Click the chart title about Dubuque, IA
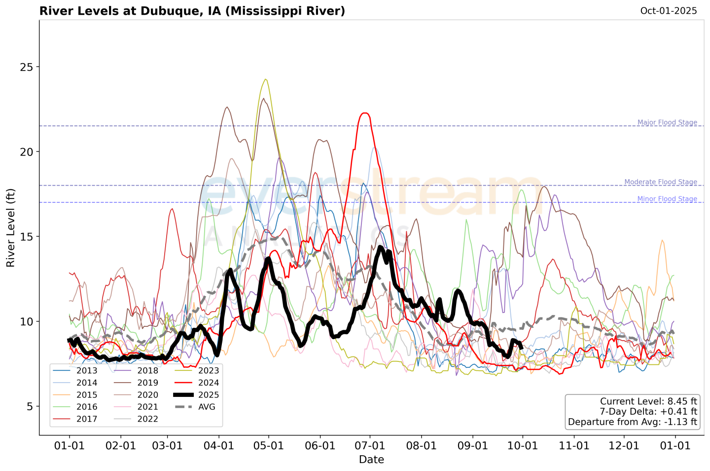(192, 11)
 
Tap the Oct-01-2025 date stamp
(668, 11)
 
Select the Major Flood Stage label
(667, 122)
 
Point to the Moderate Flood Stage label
(661, 182)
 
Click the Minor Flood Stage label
(667, 199)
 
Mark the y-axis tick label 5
(30, 406)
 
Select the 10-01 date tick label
(523, 446)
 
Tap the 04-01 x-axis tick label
(219, 446)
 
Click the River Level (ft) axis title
(11, 228)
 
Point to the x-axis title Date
(371, 460)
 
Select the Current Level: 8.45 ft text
(648, 401)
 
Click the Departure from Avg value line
(632, 422)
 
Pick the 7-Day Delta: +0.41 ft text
(648, 412)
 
